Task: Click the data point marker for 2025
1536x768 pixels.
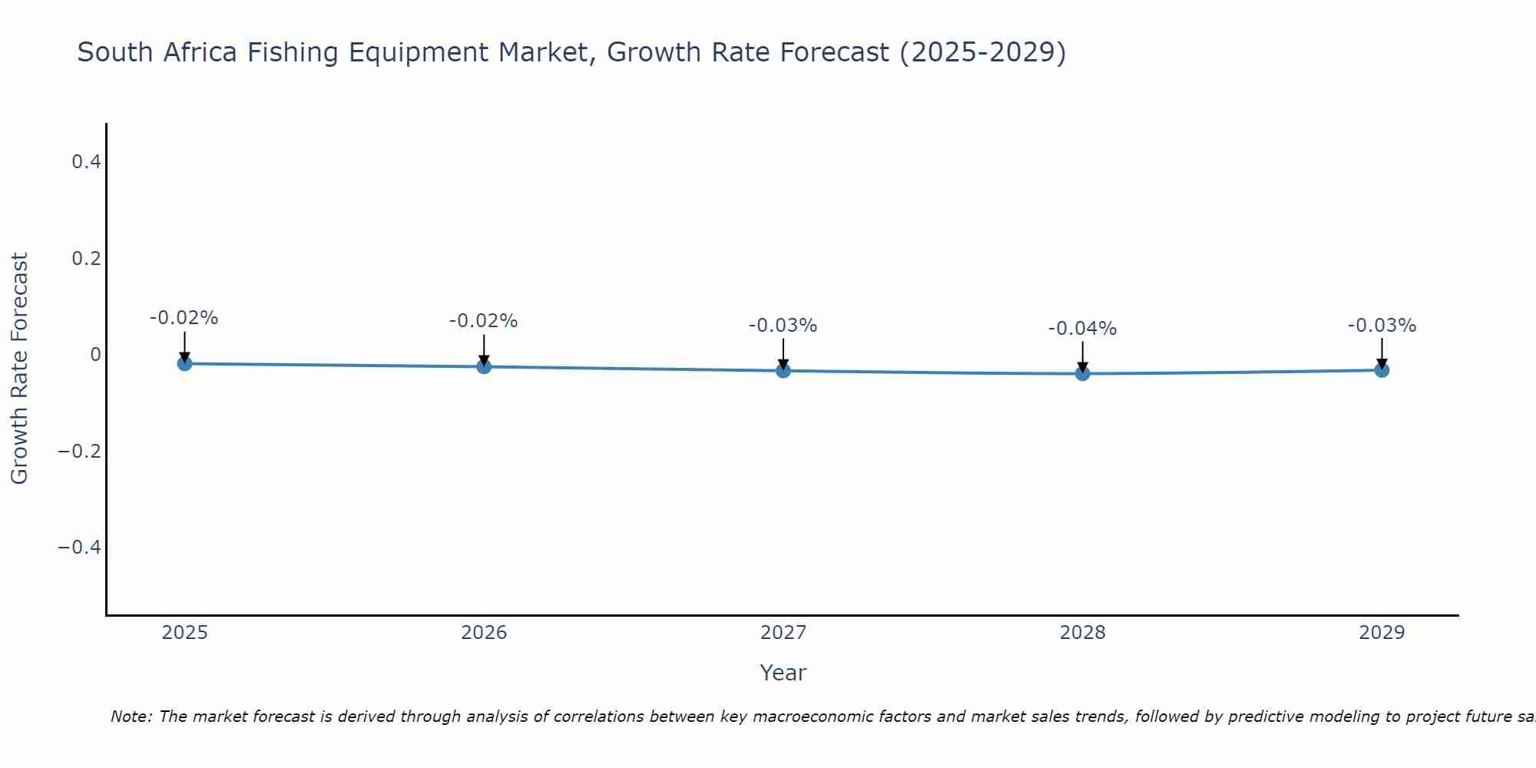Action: pos(184,363)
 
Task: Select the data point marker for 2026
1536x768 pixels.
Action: pos(484,366)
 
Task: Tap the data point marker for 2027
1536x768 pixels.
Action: pos(783,371)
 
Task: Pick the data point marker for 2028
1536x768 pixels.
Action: pos(1083,373)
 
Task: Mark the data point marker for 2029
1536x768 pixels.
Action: pos(1382,370)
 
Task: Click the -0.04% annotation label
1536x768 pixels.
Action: pos(1082,329)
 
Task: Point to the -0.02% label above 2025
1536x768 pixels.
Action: pos(184,318)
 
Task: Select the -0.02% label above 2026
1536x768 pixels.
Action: pos(483,321)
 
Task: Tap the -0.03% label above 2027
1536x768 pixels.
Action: pos(783,326)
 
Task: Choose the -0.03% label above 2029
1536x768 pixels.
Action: pos(1382,326)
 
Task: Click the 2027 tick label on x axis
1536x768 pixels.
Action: pos(783,633)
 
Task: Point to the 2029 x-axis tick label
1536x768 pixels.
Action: pos(1382,633)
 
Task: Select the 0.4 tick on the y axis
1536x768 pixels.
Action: pos(86,162)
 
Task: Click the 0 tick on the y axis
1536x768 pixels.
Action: pos(95,354)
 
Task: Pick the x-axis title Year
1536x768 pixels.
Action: pos(783,674)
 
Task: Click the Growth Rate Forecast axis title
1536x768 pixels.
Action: pos(19,369)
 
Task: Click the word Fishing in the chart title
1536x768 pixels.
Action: pos(293,53)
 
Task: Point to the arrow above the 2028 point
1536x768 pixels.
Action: pos(1083,355)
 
